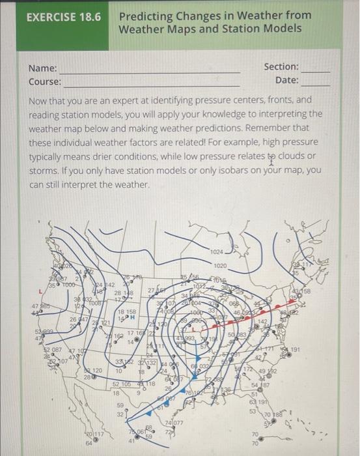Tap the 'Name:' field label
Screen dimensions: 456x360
[x=43, y=68]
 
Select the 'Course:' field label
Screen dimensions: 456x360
[x=45, y=82]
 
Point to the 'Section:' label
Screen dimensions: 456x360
[x=281, y=67]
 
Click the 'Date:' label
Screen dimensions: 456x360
[x=286, y=80]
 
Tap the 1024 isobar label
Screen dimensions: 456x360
[x=217, y=251]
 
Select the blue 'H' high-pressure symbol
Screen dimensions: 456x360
[x=132, y=318]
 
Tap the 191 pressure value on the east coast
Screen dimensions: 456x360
[x=313, y=352]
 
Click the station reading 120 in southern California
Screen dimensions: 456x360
[x=96, y=370]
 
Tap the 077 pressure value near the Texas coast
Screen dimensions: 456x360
[x=176, y=423]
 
